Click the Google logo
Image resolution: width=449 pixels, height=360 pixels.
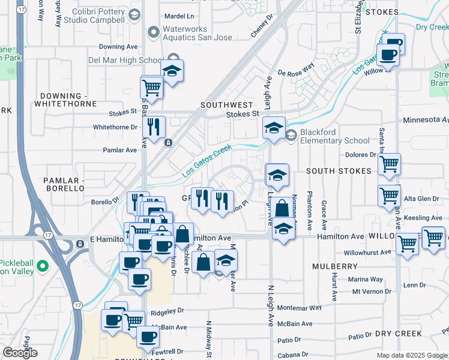click(x=19, y=353)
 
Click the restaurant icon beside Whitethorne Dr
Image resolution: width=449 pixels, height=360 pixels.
click(x=155, y=127)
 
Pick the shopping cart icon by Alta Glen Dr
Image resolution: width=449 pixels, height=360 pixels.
click(x=389, y=195)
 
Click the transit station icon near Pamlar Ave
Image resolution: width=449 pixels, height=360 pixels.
click(x=168, y=143)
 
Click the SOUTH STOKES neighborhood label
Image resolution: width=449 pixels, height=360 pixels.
click(x=339, y=171)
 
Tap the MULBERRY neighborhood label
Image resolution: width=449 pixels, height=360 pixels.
click(x=335, y=265)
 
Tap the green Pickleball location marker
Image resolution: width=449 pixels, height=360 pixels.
click(x=42, y=265)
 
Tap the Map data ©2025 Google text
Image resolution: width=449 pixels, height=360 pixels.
click(x=412, y=355)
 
